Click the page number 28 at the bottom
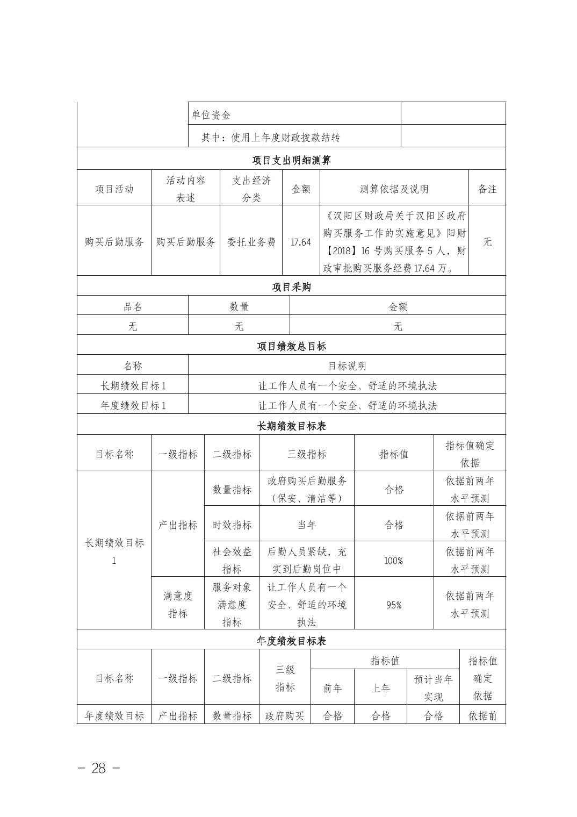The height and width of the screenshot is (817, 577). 99,768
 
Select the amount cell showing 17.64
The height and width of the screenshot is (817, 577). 301,242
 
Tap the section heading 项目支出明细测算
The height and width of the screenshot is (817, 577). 291,160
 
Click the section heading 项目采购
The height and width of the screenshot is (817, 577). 291,287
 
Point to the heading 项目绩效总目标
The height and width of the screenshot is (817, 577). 291,346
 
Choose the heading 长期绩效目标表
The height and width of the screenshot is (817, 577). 291,426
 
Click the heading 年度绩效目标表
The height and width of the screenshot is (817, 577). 291,641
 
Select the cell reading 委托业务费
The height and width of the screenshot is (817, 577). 251,242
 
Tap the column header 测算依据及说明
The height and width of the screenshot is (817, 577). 394,189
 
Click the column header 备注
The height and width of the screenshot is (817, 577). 487,189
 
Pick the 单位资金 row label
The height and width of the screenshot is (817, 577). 211,114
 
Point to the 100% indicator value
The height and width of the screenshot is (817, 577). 394,561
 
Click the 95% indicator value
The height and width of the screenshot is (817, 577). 394,605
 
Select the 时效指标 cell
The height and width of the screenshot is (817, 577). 232,525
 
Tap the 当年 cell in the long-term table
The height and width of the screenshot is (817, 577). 307,525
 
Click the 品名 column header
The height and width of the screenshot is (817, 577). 133,307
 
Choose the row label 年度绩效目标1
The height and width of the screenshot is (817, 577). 133,405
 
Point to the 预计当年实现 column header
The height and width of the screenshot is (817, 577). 433,687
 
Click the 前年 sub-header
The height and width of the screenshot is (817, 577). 333,688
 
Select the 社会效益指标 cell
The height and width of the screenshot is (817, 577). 232,560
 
